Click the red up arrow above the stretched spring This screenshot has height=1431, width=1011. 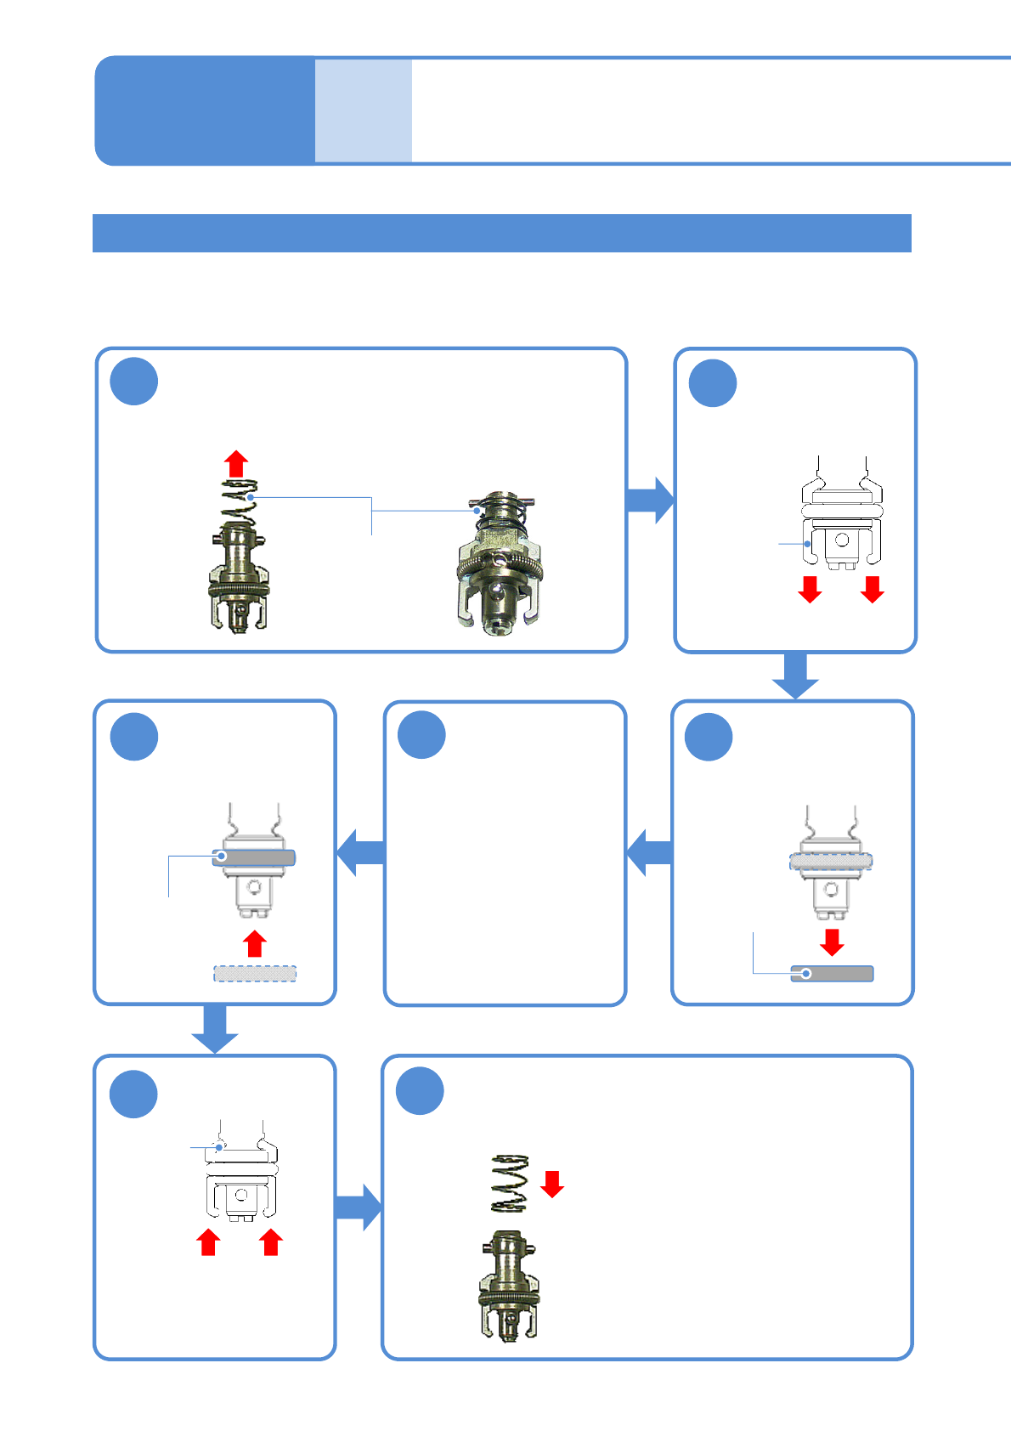tap(236, 464)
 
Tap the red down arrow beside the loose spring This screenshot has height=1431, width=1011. tap(552, 1183)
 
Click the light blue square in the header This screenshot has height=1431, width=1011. tap(364, 110)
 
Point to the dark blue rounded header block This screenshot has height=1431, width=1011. tap(205, 110)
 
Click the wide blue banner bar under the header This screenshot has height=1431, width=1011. tap(501, 233)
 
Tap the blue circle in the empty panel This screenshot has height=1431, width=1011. tap(422, 735)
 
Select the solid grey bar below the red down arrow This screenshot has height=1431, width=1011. tap(832, 974)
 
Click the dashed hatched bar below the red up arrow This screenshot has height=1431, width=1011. tap(255, 973)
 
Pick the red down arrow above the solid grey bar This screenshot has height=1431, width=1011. tap(832, 942)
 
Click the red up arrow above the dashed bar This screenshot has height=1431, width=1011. tap(255, 943)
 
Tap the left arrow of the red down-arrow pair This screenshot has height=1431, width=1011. tap(810, 589)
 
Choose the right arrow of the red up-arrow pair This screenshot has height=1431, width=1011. tap(271, 1242)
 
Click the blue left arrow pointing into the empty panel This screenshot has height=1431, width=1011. tap(650, 852)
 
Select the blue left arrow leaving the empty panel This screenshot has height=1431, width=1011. tap(361, 852)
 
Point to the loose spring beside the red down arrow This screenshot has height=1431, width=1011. tap(510, 1183)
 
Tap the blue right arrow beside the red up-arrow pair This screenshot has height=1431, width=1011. tap(359, 1207)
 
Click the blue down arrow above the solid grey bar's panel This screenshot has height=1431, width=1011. tap(795, 676)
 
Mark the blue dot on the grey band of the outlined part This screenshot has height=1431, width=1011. tap(222, 856)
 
